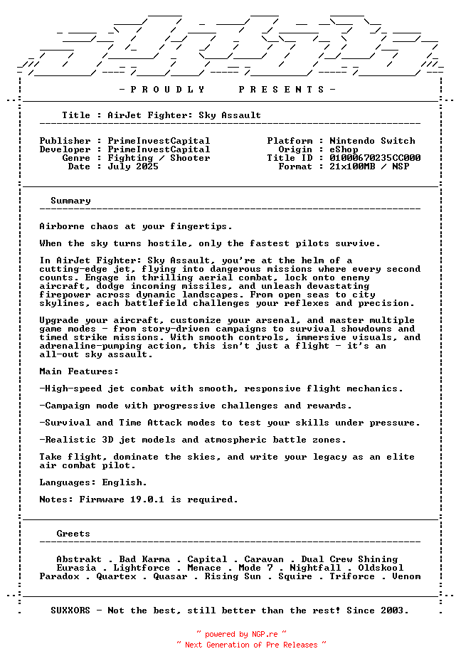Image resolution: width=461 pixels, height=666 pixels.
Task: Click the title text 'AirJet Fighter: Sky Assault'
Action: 184,115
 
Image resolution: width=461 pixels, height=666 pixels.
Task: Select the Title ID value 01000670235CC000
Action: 375,158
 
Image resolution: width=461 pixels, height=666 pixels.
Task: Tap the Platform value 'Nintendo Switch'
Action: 372,141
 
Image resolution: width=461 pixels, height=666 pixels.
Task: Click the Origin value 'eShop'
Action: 344,149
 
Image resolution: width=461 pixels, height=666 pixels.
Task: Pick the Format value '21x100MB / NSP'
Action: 369,166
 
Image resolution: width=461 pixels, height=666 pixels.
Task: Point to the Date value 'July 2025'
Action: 133,166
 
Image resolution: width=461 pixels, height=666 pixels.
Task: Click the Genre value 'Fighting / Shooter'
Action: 159,158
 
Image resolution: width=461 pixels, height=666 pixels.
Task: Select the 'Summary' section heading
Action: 70,201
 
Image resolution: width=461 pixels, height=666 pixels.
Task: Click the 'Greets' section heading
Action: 73,534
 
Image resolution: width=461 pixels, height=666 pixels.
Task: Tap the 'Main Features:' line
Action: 79,371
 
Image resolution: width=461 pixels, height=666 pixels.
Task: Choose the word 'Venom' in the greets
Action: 406,576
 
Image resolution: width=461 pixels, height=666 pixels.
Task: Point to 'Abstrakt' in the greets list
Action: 79,559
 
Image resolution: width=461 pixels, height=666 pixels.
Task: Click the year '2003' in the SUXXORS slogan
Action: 395,610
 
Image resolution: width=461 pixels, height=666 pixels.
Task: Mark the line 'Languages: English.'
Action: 93,482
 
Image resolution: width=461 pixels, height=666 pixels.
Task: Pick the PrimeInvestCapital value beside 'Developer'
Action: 159,149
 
